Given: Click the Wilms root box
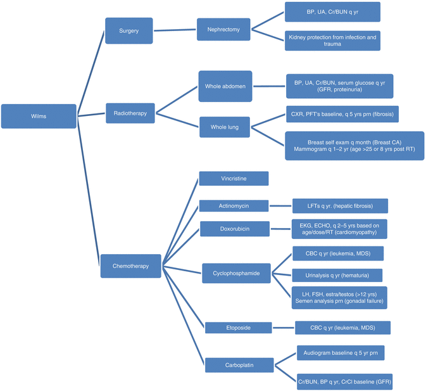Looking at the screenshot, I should click(x=39, y=116).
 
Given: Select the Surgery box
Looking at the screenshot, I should click(x=129, y=30).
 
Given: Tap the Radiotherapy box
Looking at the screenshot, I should click(x=130, y=113).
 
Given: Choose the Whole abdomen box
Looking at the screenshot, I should click(x=225, y=86).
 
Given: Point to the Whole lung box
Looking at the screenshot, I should click(x=225, y=127).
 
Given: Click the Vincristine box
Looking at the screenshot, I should click(x=234, y=179).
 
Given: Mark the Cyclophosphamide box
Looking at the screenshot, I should click(x=236, y=274).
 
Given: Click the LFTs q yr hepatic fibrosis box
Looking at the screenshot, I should click(x=340, y=205).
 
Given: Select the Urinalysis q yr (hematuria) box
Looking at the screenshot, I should click(x=338, y=275).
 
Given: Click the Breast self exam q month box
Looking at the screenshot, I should click(x=354, y=145).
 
